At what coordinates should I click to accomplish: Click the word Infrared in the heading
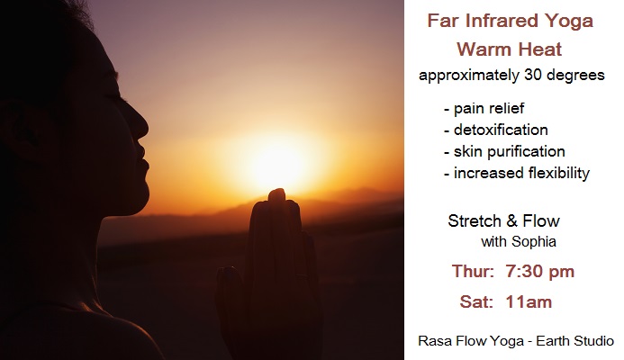(x=502, y=21)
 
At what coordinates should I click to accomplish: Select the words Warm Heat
(x=509, y=49)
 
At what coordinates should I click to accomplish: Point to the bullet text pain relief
(x=489, y=108)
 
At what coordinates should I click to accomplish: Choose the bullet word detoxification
(x=501, y=130)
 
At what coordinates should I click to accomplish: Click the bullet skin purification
(x=510, y=151)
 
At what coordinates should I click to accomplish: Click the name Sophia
(x=534, y=241)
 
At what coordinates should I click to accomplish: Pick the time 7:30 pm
(x=539, y=271)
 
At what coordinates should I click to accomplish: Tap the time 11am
(x=529, y=301)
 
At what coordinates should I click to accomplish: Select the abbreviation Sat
(x=474, y=301)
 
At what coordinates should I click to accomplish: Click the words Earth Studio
(x=574, y=341)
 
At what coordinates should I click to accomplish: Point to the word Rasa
(x=431, y=341)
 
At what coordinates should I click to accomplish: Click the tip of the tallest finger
(x=277, y=190)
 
